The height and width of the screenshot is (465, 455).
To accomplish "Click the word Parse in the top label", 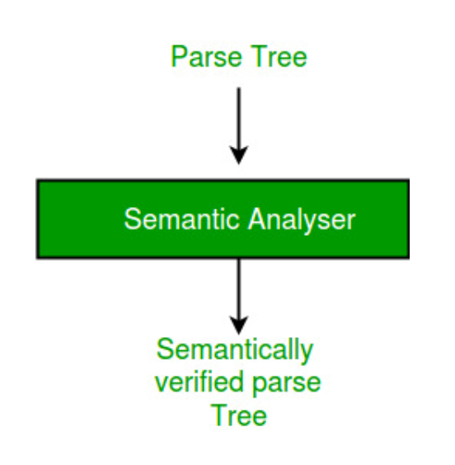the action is [x=206, y=56].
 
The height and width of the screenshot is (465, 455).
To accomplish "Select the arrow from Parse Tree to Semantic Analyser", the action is [x=239, y=126].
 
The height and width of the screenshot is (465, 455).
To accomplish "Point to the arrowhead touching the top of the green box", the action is [x=239, y=155].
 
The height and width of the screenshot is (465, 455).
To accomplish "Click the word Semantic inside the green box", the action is [x=181, y=219].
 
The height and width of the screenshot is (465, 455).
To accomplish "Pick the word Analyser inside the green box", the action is [x=302, y=221].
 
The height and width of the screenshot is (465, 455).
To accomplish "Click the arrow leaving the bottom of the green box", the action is [x=239, y=297].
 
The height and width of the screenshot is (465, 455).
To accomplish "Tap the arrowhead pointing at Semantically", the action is [x=239, y=326].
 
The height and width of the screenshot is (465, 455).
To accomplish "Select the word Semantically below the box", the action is [x=235, y=351].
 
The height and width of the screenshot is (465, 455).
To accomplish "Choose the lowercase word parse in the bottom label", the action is [x=286, y=385].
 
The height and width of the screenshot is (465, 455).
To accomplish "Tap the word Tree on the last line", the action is [x=239, y=416].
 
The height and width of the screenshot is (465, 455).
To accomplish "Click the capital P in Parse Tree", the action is [x=179, y=56].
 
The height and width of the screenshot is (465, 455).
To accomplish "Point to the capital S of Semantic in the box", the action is [x=133, y=218].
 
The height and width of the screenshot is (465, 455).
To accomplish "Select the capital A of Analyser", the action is [x=257, y=218].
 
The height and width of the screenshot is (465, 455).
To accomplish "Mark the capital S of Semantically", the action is [x=165, y=349].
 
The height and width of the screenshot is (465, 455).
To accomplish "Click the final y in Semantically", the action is [x=307, y=354].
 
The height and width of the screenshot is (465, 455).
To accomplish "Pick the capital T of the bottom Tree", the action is [x=219, y=416].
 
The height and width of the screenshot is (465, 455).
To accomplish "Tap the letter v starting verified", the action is [x=162, y=384].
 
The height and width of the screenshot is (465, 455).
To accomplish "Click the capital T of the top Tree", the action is [x=260, y=56].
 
